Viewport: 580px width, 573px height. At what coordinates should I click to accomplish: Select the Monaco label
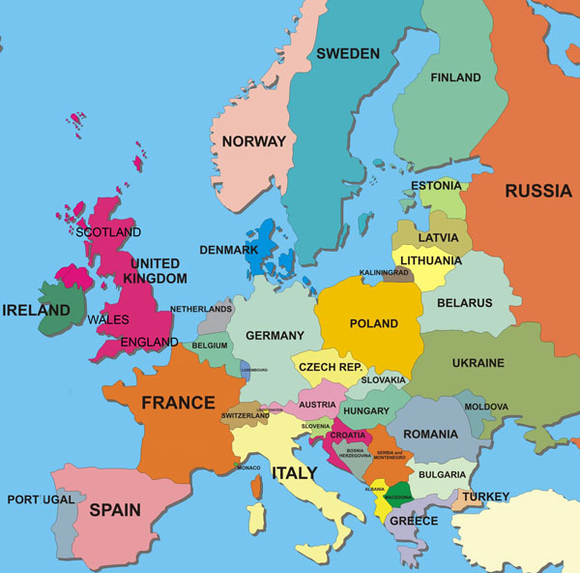click(x=248, y=467)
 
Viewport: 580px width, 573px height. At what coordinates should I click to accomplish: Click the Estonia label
click(x=436, y=186)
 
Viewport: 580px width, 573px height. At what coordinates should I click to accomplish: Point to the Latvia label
click(x=438, y=237)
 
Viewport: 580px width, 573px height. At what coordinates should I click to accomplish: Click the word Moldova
click(x=486, y=407)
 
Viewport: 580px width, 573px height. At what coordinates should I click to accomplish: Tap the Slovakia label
click(x=384, y=380)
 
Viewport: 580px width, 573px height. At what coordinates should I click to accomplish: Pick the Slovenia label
click(x=315, y=426)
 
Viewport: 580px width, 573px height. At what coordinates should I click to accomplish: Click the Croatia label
click(x=348, y=436)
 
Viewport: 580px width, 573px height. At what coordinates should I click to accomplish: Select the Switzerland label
click(x=245, y=416)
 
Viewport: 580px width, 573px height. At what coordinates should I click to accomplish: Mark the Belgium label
click(x=210, y=346)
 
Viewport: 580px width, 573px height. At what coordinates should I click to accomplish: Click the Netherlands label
click(x=201, y=310)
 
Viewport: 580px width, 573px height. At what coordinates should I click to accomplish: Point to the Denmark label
click(x=228, y=250)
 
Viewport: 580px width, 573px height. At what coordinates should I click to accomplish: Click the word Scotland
click(x=108, y=232)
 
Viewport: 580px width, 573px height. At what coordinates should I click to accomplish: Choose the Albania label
click(x=375, y=490)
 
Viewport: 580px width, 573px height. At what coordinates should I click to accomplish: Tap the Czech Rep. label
click(x=330, y=368)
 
